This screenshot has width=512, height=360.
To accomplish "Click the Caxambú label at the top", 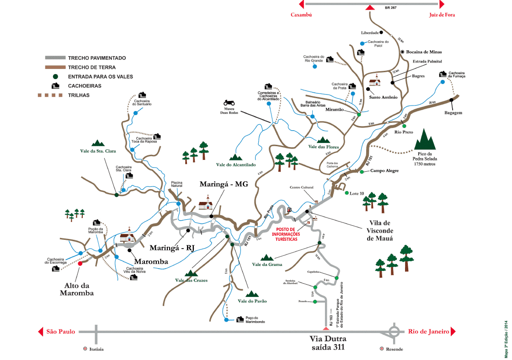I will (301, 15).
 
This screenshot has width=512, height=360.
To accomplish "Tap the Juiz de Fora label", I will (442, 15).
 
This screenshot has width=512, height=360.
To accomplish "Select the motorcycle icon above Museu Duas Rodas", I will (229, 103).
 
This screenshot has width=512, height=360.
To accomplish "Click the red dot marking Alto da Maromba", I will (80, 263).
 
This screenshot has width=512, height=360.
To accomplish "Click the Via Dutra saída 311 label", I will (328, 343).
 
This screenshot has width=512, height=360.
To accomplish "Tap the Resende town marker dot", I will (382, 349).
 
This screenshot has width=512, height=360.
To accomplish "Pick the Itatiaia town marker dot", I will (85, 349).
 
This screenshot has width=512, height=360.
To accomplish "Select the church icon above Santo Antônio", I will (374, 81).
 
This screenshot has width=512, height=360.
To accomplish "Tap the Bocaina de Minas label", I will (424, 52).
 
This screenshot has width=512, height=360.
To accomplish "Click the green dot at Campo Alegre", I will (362, 172).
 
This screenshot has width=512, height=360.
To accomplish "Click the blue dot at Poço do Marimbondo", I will (227, 320).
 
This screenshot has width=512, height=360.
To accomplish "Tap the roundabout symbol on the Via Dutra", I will (394, 332).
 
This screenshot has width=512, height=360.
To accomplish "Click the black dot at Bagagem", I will (451, 100).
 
